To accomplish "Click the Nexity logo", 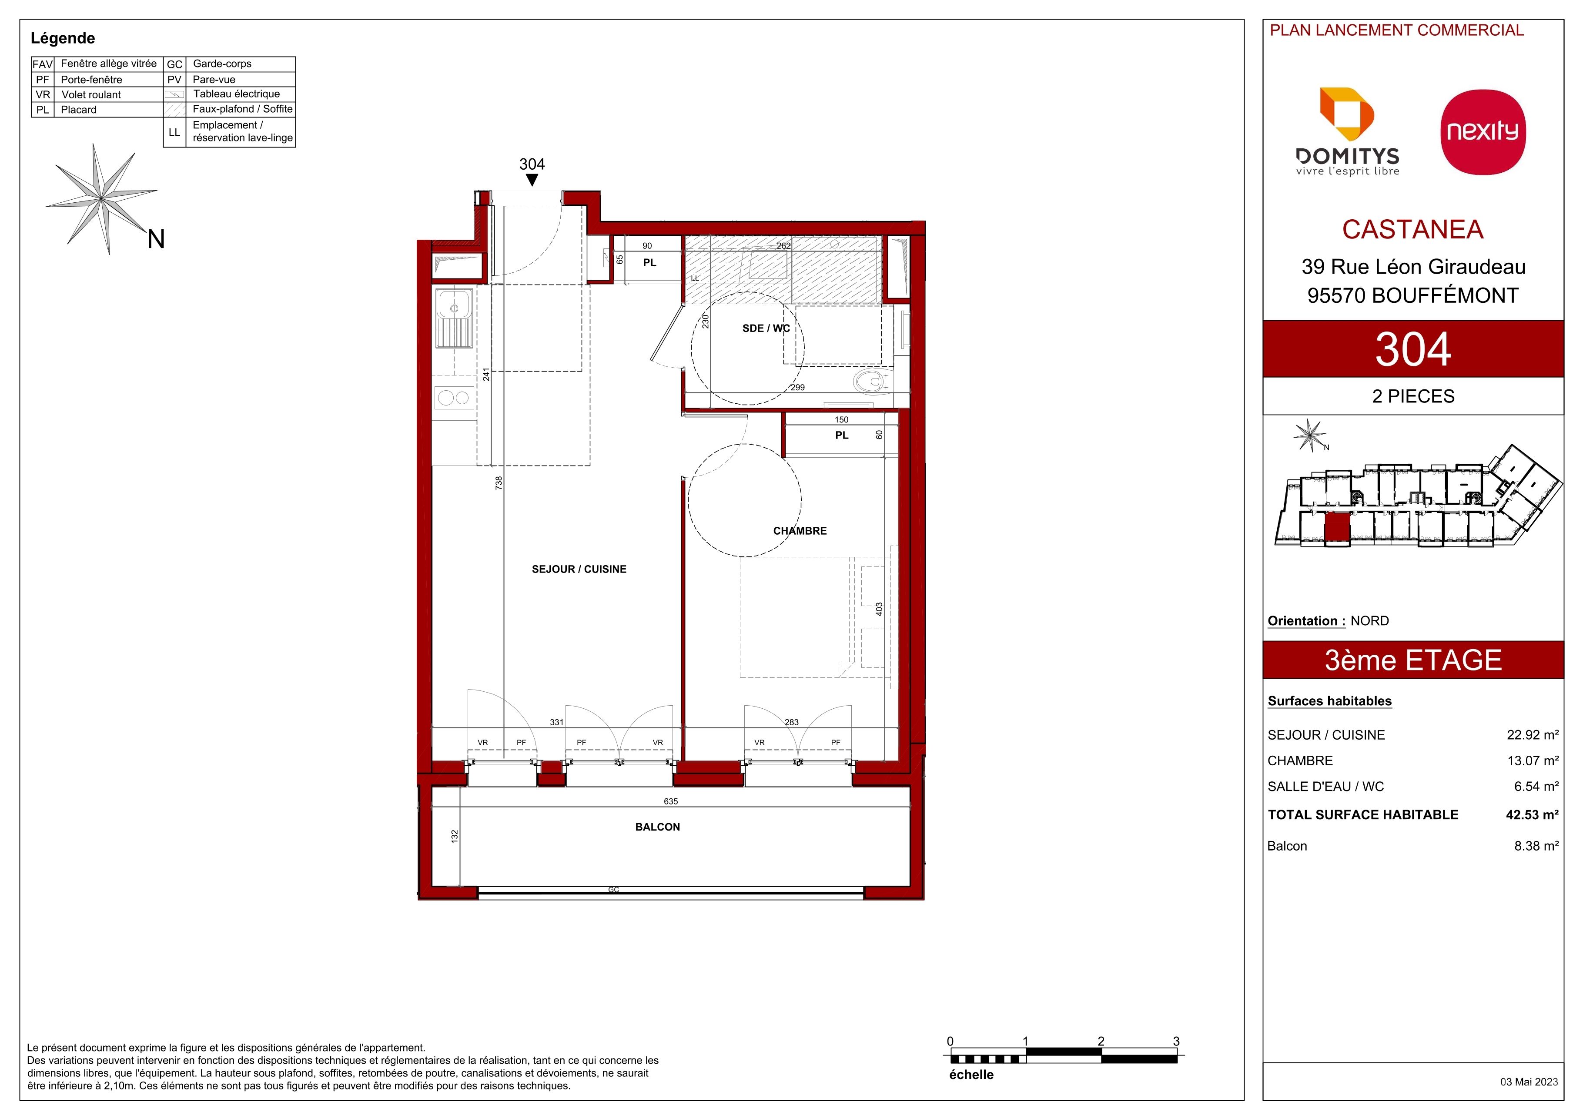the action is tap(1483, 132).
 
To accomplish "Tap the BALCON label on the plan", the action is tap(657, 827).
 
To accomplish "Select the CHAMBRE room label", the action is tap(800, 531).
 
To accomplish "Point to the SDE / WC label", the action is tap(766, 328).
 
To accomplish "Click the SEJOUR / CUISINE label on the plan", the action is tap(579, 569).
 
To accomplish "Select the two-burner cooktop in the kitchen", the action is tap(454, 398).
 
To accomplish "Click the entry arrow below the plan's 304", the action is tap(532, 180).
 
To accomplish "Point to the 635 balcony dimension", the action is tap(671, 801).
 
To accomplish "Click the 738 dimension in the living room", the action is tap(499, 482).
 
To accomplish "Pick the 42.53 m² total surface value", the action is tap(1532, 814).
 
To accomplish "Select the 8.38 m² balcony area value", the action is tap(1536, 846).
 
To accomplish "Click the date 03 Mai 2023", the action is tap(1529, 1082).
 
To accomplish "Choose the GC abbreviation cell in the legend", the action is tap(174, 64).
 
